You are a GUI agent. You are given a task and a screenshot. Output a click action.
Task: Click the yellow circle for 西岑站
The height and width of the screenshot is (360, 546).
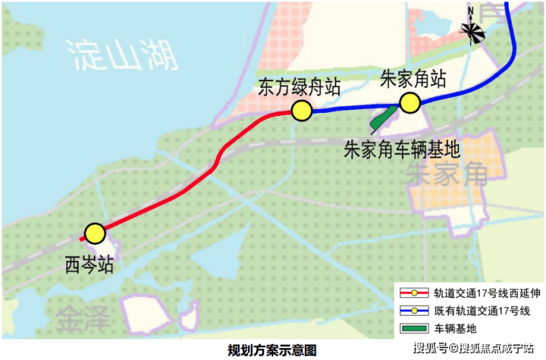[94, 234]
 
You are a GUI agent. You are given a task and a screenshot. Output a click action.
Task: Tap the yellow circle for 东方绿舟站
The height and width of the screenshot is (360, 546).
[302, 111]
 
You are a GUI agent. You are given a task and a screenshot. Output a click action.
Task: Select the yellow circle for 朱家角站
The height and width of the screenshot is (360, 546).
[409, 103]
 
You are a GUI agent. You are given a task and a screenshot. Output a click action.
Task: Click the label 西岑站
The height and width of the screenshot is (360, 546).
[89, 265]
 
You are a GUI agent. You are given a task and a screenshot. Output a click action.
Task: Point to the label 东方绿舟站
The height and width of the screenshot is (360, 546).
[299, 87]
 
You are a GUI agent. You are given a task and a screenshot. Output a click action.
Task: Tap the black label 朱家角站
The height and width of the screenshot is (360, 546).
[412, 78]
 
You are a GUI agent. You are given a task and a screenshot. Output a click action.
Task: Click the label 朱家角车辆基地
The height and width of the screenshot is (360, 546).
[402, 150]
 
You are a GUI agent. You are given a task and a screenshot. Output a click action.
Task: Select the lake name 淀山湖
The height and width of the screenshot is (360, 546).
[122, 55]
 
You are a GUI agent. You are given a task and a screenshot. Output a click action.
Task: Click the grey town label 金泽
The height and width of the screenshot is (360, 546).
[82, 318]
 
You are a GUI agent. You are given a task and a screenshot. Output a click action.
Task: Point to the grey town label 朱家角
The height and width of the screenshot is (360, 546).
[446, 174]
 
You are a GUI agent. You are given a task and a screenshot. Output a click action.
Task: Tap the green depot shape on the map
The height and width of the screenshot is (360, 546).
[383, 118]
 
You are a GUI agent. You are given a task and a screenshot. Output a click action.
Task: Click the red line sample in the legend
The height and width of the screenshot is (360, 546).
[414, 293]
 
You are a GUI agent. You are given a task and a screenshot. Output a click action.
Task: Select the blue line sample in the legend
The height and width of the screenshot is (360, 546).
[414, 311]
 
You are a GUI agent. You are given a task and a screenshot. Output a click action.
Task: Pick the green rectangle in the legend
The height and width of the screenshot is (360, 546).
[414, 328]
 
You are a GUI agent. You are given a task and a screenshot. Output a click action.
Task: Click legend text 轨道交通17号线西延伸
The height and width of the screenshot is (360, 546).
[487, 293]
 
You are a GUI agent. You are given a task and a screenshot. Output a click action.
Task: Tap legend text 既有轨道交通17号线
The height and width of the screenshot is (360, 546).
[482, 311]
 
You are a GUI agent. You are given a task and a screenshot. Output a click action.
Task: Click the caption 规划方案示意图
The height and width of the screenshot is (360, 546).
[272, 350]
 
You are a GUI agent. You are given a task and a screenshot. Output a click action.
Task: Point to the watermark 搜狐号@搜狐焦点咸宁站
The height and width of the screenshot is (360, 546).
[474, 347]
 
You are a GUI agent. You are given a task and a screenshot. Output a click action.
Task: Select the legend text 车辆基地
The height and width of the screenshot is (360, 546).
[455, 329]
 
